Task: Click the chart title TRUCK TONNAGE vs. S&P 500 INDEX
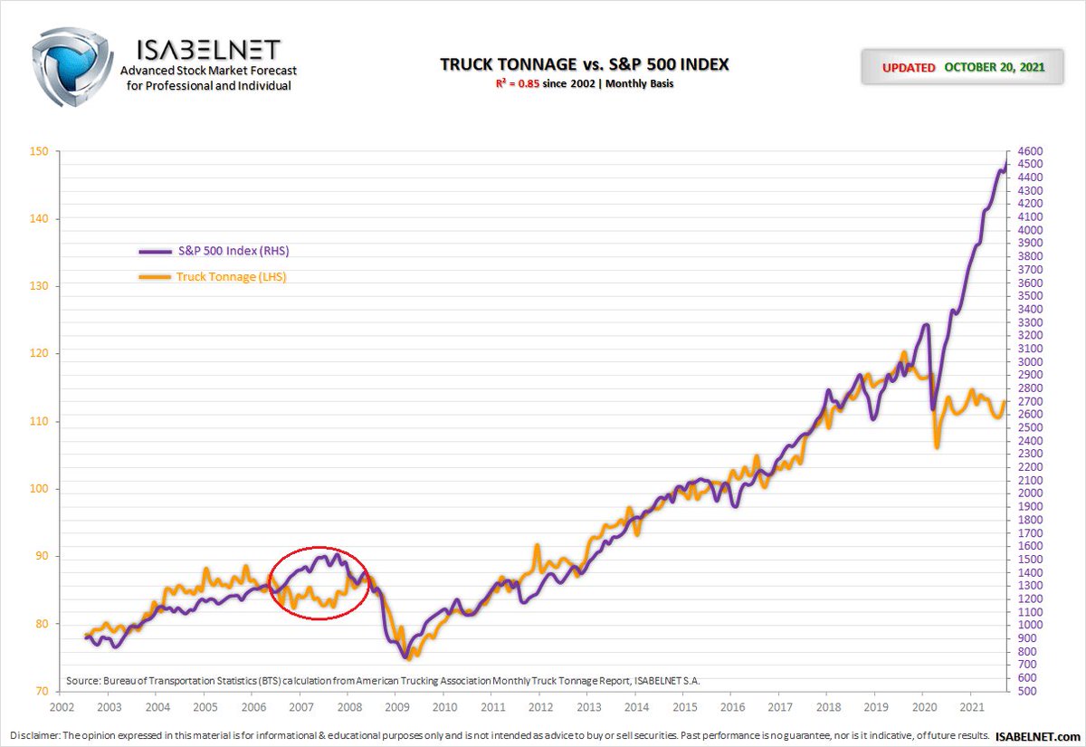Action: (x=585, y=64)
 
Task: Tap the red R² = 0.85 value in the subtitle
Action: (x=518, y=83)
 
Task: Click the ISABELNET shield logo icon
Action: (x=71, y=66)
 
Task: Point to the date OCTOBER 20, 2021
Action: (x=994, y=67)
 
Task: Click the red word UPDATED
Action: (x=909, y=68)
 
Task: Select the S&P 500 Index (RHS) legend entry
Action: (x=214, y=251)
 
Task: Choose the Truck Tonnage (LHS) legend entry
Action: (x=213, y=276)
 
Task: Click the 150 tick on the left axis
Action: (x=39, y=151)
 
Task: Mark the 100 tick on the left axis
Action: (x=39, y=488)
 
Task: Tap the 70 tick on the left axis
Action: (x=42, y=691)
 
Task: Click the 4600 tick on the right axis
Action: (x=1030, y=151)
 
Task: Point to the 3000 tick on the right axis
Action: (x=1030, y=362)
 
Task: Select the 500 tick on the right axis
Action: (x=1027, y=691)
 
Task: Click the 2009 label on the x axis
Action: (x=397, y=707)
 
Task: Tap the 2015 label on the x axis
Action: (x=684, y=707)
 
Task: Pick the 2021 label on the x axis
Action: (x=972, y=707)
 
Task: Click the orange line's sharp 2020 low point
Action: (x=938, y=446)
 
